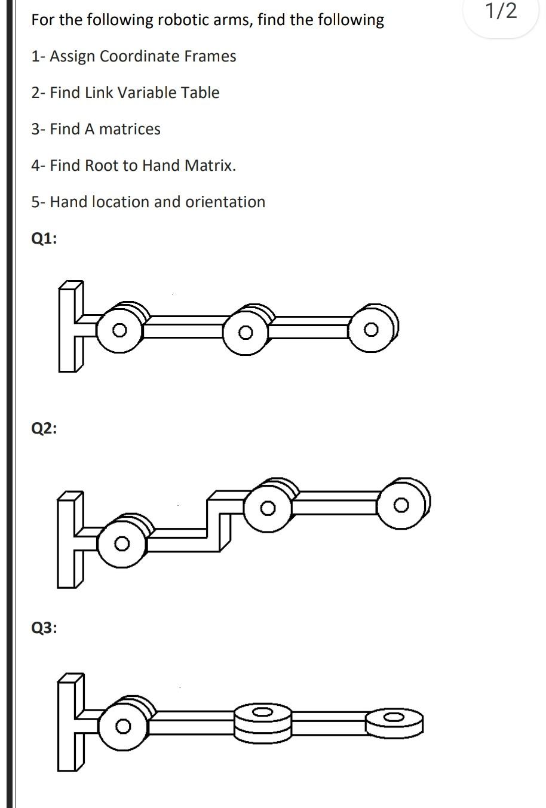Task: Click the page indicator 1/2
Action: (x=501, y=11)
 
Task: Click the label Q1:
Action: (x=44, y=238)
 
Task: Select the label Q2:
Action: (x=44, y=428)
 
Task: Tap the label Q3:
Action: (x=44, y=628)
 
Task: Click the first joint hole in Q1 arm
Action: (x=119, y=330)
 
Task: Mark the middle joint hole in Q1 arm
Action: (x=244, y=331)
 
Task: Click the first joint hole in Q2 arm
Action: (x=122, y=543)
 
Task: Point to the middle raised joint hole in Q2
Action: (x=268, y=508)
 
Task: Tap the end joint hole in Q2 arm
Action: (x=401, y=505)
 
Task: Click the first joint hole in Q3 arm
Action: (x=122, y=726)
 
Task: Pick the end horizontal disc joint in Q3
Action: (x=393, y=717)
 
